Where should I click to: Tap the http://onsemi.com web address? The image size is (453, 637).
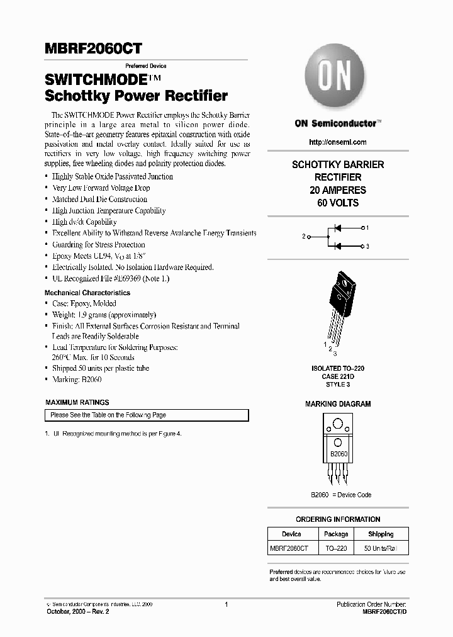[338, 142]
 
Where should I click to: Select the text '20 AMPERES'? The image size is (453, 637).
[338, 190]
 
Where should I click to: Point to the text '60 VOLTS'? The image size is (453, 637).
[338, 203]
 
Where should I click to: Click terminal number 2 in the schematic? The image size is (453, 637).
[304, 236]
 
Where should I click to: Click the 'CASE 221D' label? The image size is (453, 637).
[338, 376]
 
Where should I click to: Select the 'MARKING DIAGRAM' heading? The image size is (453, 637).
[338, 404]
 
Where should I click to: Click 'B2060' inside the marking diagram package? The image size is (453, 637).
[338, 454]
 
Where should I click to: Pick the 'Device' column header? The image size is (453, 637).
[291, 534]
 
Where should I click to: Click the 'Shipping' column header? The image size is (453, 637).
[380, 534]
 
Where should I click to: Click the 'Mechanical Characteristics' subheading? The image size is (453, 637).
[87, 293]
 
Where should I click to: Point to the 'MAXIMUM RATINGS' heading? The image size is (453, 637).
[77, 402]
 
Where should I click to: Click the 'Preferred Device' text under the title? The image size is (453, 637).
[145, 66]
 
